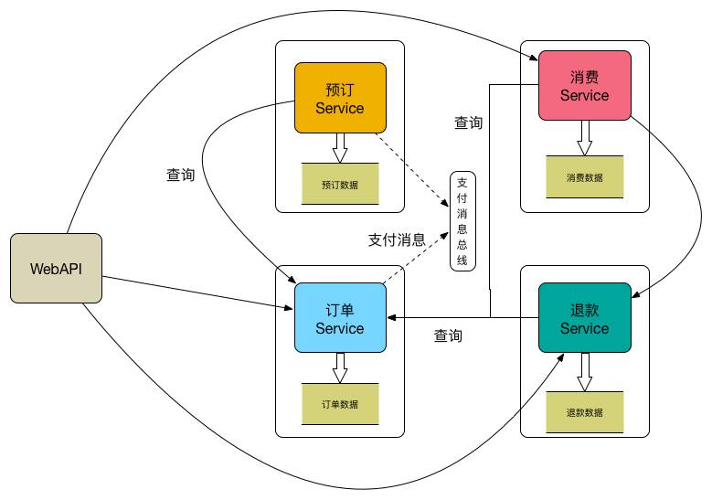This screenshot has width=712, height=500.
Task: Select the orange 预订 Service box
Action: [339, 98]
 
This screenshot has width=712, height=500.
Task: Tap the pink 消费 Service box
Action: [584, 85]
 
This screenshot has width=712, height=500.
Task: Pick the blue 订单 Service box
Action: [339, 318]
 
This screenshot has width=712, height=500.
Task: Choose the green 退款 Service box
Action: [584, 317]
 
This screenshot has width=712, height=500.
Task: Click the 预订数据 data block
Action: [339, 184]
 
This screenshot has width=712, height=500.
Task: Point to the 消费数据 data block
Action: [584, 176]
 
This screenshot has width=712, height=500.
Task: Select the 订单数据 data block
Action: [339, 403]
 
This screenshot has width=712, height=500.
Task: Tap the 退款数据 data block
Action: [584, 412]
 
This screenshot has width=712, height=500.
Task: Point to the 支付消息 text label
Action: [397, 240]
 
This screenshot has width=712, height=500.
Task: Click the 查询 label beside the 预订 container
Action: [180, 175]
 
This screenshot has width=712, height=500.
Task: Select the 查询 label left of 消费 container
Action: [469, 122]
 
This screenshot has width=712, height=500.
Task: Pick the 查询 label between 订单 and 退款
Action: [448, 336]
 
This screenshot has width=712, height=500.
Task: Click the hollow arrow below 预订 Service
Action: [340, 147]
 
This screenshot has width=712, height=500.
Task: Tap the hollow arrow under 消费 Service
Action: [585, 137]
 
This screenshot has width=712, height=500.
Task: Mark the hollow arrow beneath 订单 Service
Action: [340, 367]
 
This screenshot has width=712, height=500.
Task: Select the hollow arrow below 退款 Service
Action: [585, 372]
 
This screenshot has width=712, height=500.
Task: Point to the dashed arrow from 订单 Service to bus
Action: [414, 259]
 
